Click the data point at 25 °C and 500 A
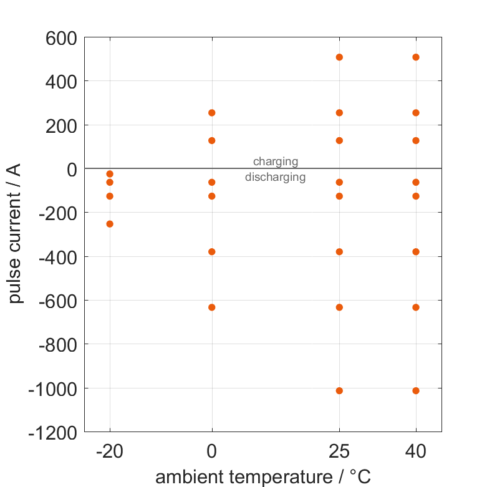[340, 57]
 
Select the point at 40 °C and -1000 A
[416, 391]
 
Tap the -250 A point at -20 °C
[110, 224]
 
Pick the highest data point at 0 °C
[212, 113]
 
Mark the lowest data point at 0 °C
[212, 307]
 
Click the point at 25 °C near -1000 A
[340, 391]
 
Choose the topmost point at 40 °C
[416, 57]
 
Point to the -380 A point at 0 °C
[212, 252]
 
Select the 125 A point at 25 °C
[340, 141]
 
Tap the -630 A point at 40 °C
[416, 307]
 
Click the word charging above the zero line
[276, 162]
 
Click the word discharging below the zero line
[275, 177]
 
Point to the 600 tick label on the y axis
[61, 38]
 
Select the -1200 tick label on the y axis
[53, 433]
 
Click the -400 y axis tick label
[57, 257]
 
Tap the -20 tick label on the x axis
[110, 452]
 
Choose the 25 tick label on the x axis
[340, 452]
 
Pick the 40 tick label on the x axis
[416, 452]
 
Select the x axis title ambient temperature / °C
[263, 477]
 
